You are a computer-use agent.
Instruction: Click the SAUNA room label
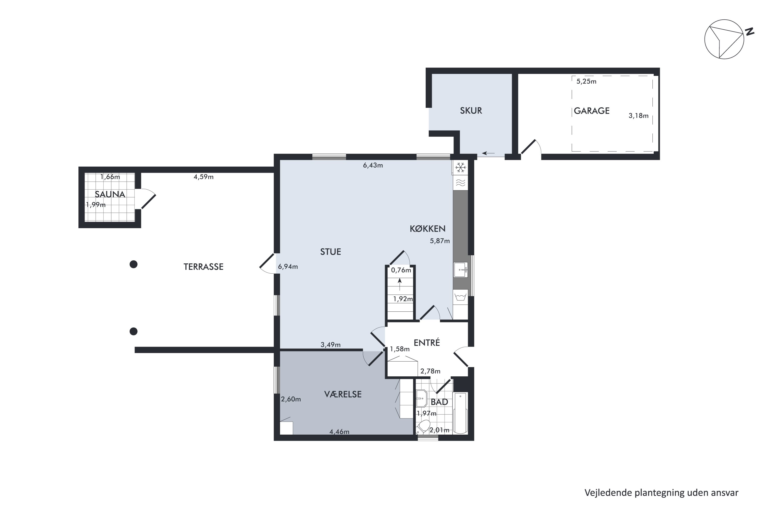click(110, 194)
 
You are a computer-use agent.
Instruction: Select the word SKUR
click(471, 111)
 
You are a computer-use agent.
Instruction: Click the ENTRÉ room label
click(427, 343)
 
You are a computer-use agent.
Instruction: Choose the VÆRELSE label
click(343, 394)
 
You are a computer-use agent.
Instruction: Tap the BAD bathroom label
click(439, 402)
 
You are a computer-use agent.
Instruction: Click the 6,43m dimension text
click(373, 165)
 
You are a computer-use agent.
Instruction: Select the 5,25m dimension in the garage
click(586, 82)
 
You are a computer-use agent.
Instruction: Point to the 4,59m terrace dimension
click(204, 177)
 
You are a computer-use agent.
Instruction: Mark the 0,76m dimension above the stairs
click(401, 270)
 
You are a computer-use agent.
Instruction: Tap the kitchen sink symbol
click(461, 270)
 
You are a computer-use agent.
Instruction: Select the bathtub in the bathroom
click(461, 413)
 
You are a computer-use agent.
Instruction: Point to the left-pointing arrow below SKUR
click(488, 153)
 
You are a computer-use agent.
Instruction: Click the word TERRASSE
click(204, 267)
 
